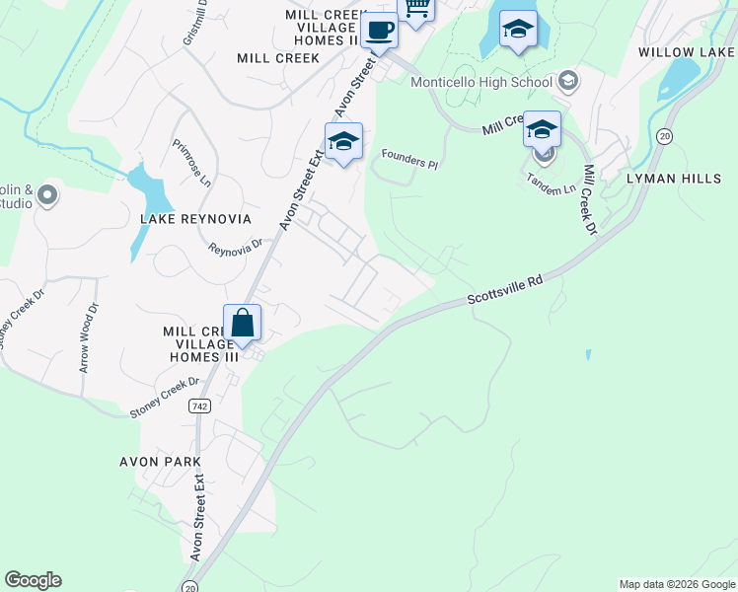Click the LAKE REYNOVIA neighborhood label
point(195,218)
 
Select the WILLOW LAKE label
point(688,51)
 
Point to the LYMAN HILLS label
point(682,179)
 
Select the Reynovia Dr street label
point(235,247)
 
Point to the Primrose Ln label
point(191,162)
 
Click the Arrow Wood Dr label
point(88,336)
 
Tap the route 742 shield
point(200,406)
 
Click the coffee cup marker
point(378,31)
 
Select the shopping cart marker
point(416,8)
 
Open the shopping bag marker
point(242,324)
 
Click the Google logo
point(33,580)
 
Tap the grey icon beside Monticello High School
point(567,80)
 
